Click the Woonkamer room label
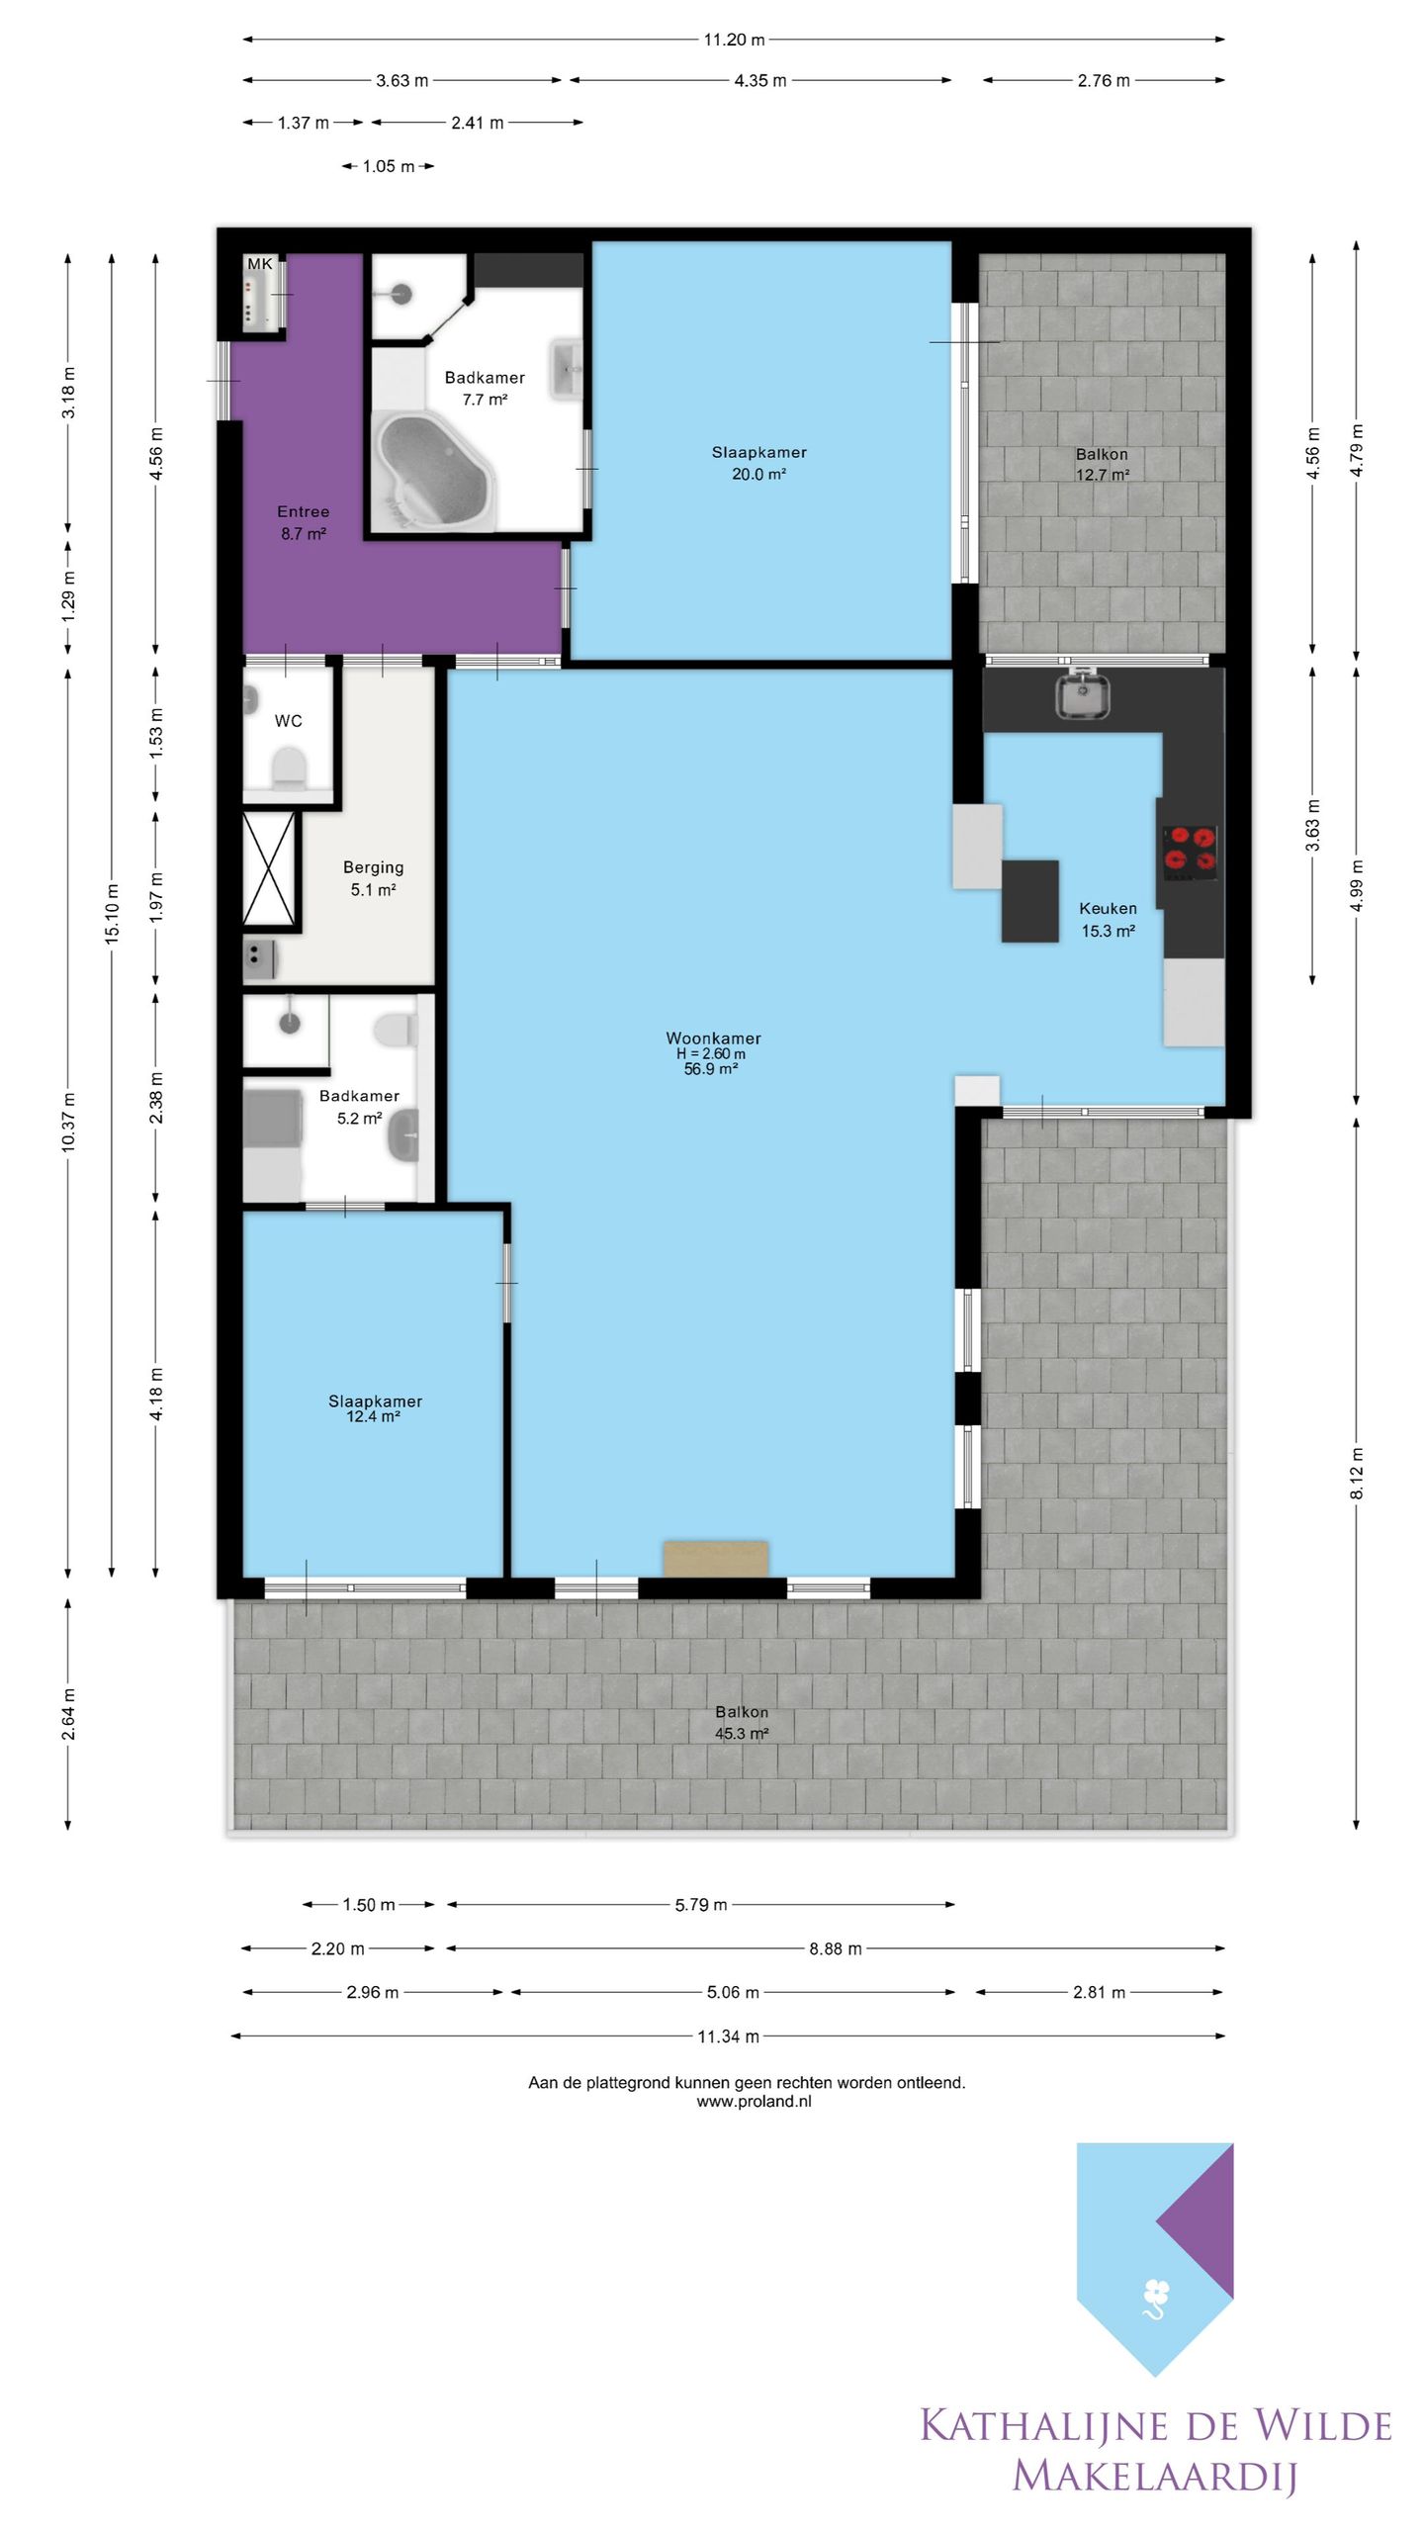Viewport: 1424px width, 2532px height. tap(713, 1038)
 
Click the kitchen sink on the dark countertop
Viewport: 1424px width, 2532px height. tap(1082, 693)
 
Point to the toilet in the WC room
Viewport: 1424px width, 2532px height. tap(289, 768)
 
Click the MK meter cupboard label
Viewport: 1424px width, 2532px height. tap(260, 264)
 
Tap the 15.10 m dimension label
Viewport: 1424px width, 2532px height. tap(112, 913)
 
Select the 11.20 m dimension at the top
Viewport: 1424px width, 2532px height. tap(734, 40)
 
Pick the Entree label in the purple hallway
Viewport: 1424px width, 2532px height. tap(303, 511)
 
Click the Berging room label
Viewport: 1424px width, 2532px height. tap(373, 867)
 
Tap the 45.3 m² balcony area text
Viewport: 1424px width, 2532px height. tap(742, 1733)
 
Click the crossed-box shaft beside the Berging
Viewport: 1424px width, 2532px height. tap(269, 871)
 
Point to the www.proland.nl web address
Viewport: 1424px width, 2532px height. tap(754, 2102)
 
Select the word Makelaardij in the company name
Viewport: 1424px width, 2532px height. tap(1154, 2476)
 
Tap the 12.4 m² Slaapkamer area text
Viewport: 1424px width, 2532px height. tap(373, 1417)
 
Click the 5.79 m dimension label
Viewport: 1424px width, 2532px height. tap(701, 1905)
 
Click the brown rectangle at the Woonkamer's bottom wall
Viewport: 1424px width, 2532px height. tap(716, 1558)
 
